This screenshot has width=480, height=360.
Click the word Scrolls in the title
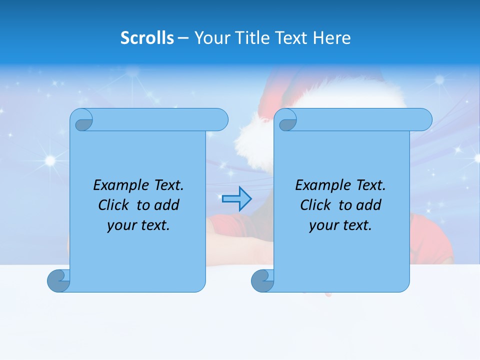(147, 38)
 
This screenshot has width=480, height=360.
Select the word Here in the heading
(331, 38)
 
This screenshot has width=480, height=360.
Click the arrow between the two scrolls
(236, 199)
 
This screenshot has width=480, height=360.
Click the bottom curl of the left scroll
(58, 280)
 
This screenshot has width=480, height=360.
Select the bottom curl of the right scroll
(262, 280)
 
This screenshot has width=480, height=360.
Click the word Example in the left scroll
(118, 185)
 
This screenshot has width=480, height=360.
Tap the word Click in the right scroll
(315, 205)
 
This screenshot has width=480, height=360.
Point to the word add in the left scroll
(167, 205)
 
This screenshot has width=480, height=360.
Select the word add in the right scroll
(369, 205)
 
